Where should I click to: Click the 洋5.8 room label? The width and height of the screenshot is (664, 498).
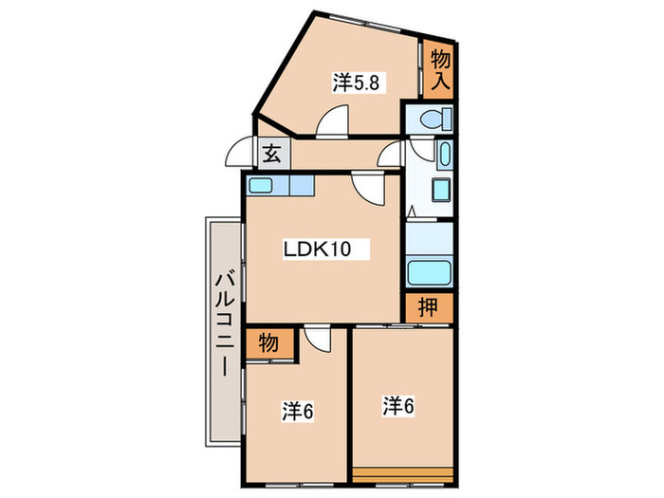tap(356, 83)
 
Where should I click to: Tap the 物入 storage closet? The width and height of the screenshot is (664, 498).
tap(439, 70)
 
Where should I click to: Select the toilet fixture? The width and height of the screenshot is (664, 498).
tap(435, 119)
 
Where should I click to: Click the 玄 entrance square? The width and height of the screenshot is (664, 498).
tap(274, 154)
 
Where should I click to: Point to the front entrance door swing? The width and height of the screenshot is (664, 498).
tap(232, 146)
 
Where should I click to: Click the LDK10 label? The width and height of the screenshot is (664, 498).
tap(317, 249)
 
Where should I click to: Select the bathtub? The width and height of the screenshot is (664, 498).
tap(428, 273)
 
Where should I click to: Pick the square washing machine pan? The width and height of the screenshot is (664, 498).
tap(442, 190)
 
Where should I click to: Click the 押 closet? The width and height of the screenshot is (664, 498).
tap(428, 307)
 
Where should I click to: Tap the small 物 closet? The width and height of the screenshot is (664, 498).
tap(268, 343)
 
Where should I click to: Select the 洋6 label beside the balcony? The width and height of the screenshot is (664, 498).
tap(298, 411)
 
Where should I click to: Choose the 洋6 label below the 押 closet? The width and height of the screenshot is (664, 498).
tap(398, 407)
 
